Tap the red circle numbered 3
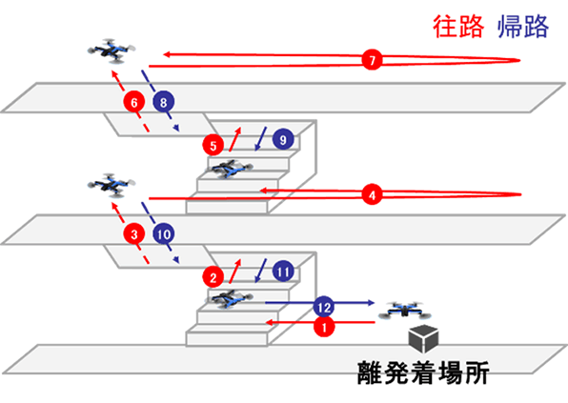135,233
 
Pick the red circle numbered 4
372,195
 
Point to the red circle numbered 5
213,145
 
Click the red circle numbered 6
134,101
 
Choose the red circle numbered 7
372,61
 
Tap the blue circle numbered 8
163,101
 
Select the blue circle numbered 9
280,139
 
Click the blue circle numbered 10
163,232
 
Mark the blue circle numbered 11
281,272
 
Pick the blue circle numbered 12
325,306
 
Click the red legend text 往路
462,27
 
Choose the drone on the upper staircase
228,169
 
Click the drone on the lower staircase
228,299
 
